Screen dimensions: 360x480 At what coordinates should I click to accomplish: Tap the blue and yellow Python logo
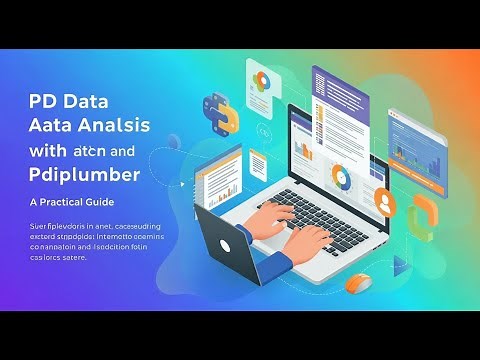click(221, 113)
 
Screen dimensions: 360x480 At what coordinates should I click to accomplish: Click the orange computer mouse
click(358, 285)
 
